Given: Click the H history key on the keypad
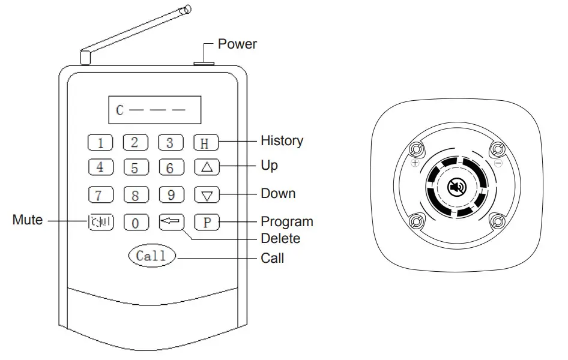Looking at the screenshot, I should [x=206, y=143].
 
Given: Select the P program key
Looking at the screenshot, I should [x=206, y=222].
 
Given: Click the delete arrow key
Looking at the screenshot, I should [x=171, y=222].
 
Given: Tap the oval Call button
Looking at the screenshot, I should [x=151, y=256].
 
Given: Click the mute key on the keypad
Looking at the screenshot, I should [x=100, y=223].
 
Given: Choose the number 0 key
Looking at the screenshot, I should [x=136, y=223].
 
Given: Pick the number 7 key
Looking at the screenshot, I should [x=100, y=195].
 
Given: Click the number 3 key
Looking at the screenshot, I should [x=171, y=143].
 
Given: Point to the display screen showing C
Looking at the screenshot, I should [x=154, y=110].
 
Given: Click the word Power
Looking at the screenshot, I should [x=237, y=44].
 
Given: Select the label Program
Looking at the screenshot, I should [x=286, y=221].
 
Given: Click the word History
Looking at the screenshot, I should [x=282, y=141].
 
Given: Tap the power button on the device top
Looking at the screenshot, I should [x=205, y=61].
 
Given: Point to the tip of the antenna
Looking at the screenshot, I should [x=187, y=9].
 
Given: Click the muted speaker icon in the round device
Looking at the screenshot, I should [x=457, y=188].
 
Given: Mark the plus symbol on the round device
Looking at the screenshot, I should [x=415, y=163].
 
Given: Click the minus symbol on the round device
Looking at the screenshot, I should [x=498, y=163].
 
